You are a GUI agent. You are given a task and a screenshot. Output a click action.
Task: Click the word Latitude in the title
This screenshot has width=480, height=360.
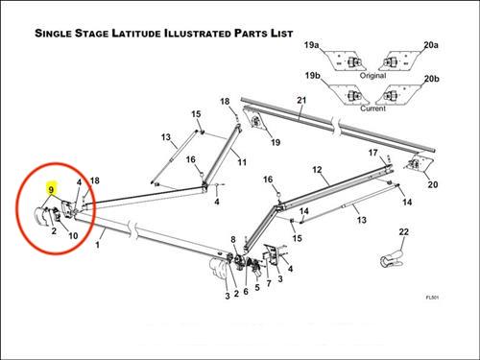pyautogui.click(x=136, y=34)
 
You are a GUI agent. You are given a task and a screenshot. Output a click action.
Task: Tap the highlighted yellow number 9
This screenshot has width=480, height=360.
pyautogui.click(x=51, y=190)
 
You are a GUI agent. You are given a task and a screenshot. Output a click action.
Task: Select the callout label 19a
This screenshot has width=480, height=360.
pyautogui.click(x=311, y=45)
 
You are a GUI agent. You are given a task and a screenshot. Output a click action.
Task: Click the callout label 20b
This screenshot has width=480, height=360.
pyautogui.click(x=432, y=79)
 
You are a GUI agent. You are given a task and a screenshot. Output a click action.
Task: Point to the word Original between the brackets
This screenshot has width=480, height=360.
pyautogui.click(x=372, y=76)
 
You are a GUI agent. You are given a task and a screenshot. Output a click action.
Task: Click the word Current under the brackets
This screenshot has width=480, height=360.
pyautogui.click(x=372, y=108)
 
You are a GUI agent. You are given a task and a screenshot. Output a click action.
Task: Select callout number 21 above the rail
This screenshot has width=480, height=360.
pyautogui.click(x=301, y=100)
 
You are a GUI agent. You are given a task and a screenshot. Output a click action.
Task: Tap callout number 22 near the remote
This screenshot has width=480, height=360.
pyautogui.click(x=404, y=231)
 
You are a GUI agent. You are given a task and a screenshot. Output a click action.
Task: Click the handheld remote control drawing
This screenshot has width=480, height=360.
pyautogui.click(x=392, y=258)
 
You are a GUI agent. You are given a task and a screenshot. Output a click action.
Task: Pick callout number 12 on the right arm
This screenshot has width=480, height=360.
pyautogui.click(x=317, y=170)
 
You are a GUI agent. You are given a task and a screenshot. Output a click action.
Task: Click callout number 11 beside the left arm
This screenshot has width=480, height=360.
pyautogui.click(x=242, y=162)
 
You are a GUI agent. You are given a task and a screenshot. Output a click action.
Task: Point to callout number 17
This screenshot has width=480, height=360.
pyautogui.click(x=373, y=153)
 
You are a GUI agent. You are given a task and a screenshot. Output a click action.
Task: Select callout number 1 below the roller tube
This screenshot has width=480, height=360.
pyautogui.click(x=98, y=245)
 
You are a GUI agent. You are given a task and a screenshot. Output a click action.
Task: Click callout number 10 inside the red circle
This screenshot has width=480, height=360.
pyautogui.click(x=73, y=236)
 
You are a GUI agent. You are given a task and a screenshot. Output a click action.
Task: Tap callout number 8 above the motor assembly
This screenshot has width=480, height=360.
pyautogui.click(x=233, y=239)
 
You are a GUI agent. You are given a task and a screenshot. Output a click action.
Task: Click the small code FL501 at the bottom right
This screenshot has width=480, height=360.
pyautogui.click(x=432, y=298)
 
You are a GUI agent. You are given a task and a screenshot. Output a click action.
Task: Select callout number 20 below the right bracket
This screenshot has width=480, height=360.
pyautogui.click(x=433, y=184)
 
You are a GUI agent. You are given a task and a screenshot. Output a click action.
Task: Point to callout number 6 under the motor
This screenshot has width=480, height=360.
pyautogui.click(x=246, y=292)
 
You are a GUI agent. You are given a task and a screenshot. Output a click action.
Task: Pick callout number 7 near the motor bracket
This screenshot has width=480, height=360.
pyautogui.click(x=269, y=283)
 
